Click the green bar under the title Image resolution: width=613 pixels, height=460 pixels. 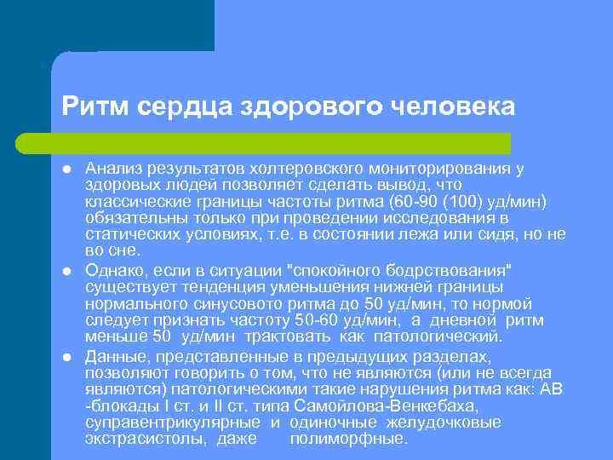[x=281, y=142]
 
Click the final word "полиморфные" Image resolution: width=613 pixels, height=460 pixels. [x=349, y=440]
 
